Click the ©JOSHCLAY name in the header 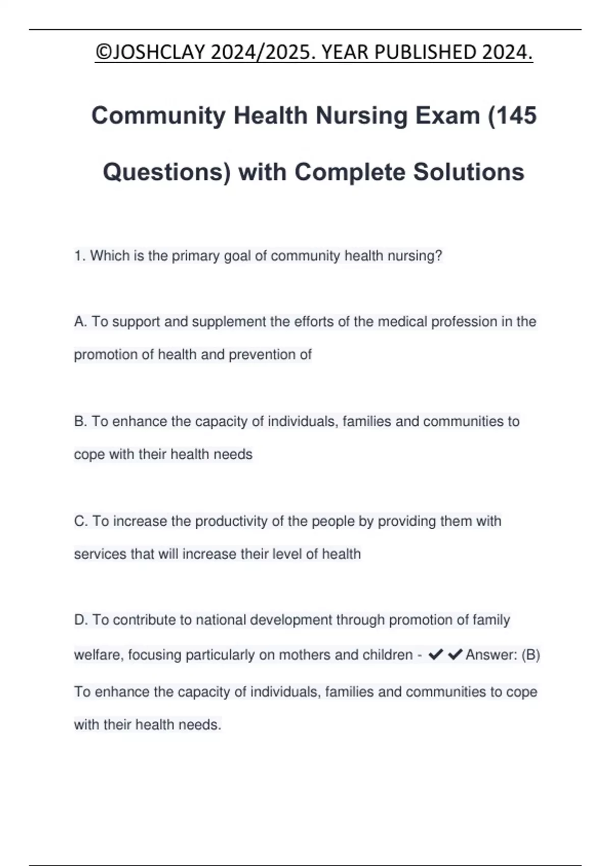(150, 52)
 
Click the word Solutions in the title (468, 172)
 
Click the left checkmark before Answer (436, 655)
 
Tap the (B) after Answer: (531, 655)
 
